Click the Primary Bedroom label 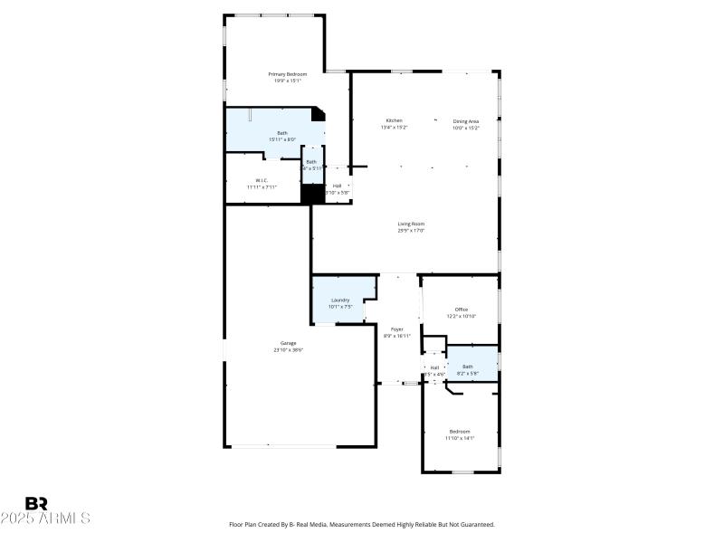point(288,73)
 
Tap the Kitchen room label point(394,120)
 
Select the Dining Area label point(466,120)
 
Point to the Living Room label point(411,224)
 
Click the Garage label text point(288,343)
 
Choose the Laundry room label point(339,300)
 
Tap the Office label point(462,309)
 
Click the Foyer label point(396,329)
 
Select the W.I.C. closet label point(261,179)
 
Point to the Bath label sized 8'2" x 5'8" point(467,367)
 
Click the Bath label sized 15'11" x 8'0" point(282,133)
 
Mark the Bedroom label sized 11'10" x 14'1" point(460,431)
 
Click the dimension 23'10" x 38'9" point(288,350)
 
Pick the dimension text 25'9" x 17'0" point(411,231)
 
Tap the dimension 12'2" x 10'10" point(462,316)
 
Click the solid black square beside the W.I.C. point(312,194)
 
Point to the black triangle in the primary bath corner point(319,114)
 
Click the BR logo point(37,503)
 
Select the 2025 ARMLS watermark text point(45,519)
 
